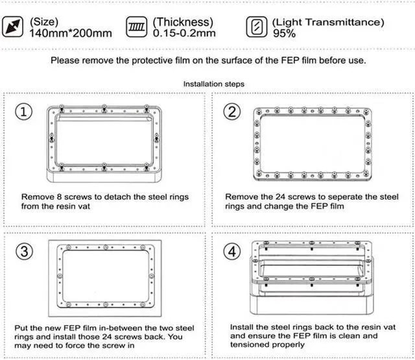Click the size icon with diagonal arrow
[x=12, y=27]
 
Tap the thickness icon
[x=137, y=27]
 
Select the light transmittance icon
[x=257, y=27]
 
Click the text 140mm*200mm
[x=71, y=33]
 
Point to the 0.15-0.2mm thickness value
[x=184, y=33]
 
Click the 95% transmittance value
[x=284, y=34]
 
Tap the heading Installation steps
[x=214, y=84]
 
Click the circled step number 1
[x=24, y=112]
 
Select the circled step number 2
[x=232, y=112]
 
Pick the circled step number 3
[x=25, y=251]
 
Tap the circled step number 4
[x=232, y=251]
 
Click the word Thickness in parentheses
[x=183, y=22]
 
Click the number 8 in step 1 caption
[x=60, y=197]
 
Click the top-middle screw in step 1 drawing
[x=104, y=108]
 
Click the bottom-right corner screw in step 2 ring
[x=366, y=174]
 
